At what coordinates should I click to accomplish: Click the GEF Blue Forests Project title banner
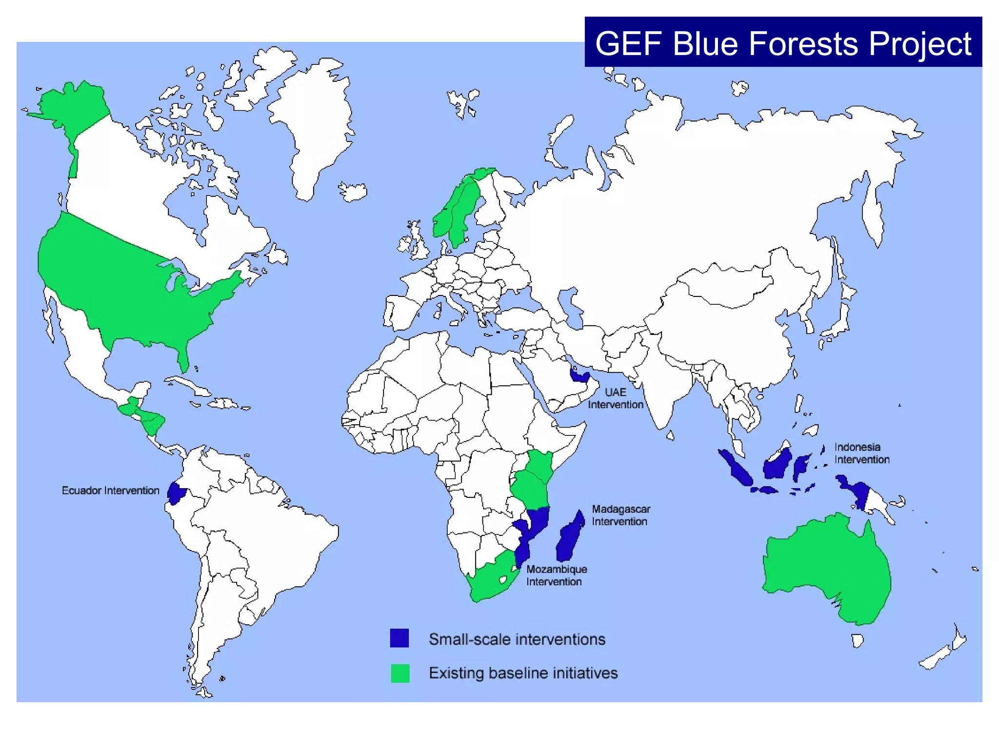pyautogui.click(x=783, y=42)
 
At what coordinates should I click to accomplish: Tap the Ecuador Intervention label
pyautogui.click(x=110, y=491)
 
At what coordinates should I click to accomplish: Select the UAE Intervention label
pyautogui.click(x=615, y=398)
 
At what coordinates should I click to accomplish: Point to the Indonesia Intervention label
pyautogui.click(x=861, y=453)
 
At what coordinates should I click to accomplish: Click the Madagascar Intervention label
pyautogui.click(x=620, y=515)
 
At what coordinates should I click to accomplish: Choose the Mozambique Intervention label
pyautogui.click(x=556, y=575)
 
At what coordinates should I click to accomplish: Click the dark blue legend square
pyautogui.click(x=399, y=638)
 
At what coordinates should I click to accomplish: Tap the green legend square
pyautogui.click(x=400, y=673)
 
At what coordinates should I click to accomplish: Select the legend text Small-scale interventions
pyautogui.click(x=517, y=639)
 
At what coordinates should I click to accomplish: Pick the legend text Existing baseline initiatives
pyautogui.click(x=523, y=673)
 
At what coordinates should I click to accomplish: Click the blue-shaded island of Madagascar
pyautogui.click(x=569, y=539)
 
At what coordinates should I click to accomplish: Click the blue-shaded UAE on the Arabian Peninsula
pyautogui.click(x=579, y=375)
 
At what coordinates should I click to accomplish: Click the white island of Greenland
pyautogui.click(x=312, y=122)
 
